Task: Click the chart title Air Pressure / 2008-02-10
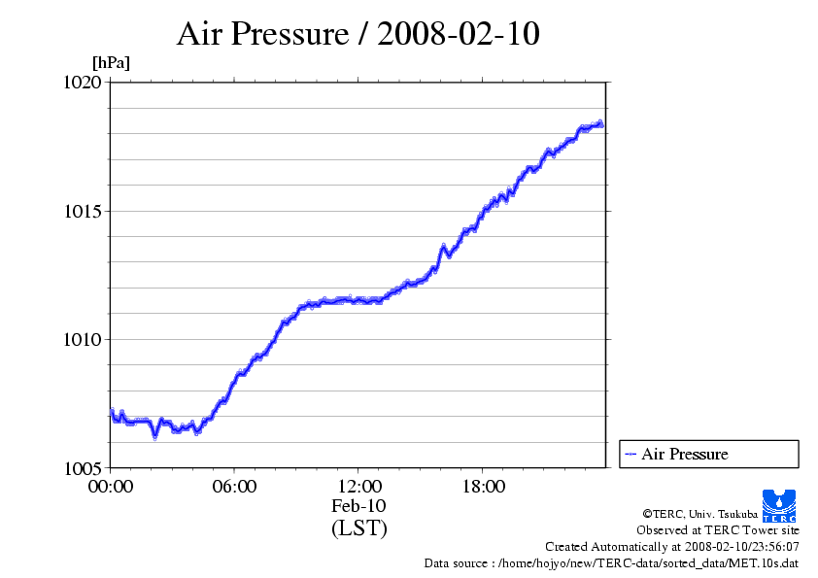(x=358, y=34)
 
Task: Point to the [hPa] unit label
(x=111, y=62)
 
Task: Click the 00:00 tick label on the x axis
(x=110, y=487)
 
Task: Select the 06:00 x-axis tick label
(x=234, y=487)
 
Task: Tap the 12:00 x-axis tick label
(x=358, y=487)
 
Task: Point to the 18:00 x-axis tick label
(x=483, y=487)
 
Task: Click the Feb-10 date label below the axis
(x=358, y=506)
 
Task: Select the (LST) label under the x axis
(x=358, y=528)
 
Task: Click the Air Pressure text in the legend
(x=684, y=454)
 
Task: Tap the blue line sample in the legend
(x=631, y=454)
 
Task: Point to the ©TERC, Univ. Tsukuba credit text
(x=699, y=513)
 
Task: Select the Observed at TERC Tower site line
(x=718, y=530)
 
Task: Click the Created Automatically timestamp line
(x=672, y=547)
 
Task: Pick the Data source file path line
(x=611, y=563)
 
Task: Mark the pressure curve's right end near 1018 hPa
(x=602, y=124)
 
